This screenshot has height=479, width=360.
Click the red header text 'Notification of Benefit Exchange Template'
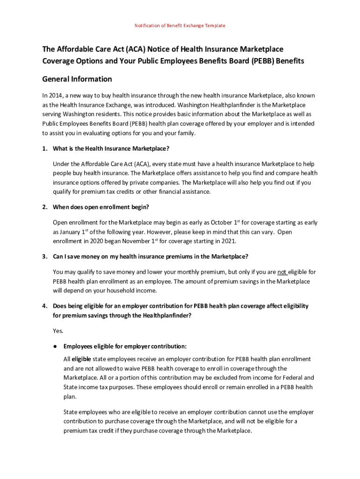(180, 25)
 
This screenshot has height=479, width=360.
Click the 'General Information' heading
(77, 79)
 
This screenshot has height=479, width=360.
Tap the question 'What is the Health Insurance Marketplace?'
(111, 149)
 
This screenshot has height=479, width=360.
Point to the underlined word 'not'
(282, 272)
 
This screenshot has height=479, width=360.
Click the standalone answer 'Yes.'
(58, 331)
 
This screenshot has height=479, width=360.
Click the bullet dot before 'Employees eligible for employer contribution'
(55, 347)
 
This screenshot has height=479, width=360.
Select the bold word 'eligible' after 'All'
(81, 359)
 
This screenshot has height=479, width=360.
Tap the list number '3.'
(45, 257)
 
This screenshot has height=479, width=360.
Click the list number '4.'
(45, 306)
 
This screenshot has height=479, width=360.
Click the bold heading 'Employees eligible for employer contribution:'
(125, 347)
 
